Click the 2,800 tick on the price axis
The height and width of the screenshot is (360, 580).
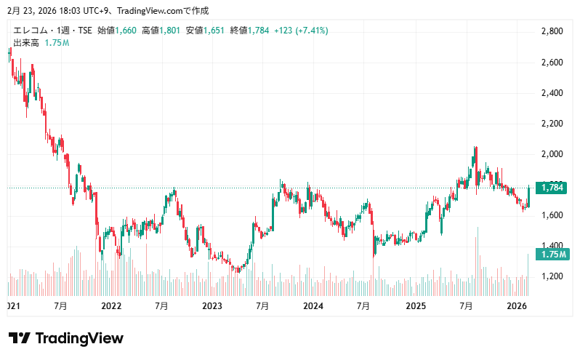click(553, 31)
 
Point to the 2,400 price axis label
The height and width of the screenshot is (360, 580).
click(553, 93)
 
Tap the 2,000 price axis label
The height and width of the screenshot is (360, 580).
click(553, 154)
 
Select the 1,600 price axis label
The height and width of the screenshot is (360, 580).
click(553, 215)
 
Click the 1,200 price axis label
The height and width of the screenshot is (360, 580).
click(553, 276)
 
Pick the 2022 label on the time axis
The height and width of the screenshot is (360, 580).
click(111, 306)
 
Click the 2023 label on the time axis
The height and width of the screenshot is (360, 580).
click(212, 306)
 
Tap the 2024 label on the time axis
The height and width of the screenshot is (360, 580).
click(313, 306)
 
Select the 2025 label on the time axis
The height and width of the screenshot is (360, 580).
click(415, 306)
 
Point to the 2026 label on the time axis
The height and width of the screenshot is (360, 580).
click(516, 306)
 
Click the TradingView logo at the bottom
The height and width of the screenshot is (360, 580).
click(66, 338)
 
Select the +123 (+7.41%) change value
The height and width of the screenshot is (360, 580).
click(299, 31)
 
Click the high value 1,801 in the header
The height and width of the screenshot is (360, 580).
click(169, 31)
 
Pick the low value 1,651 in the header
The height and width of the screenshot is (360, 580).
click(214, 31)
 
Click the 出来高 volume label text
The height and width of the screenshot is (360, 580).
click(27, 43)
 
